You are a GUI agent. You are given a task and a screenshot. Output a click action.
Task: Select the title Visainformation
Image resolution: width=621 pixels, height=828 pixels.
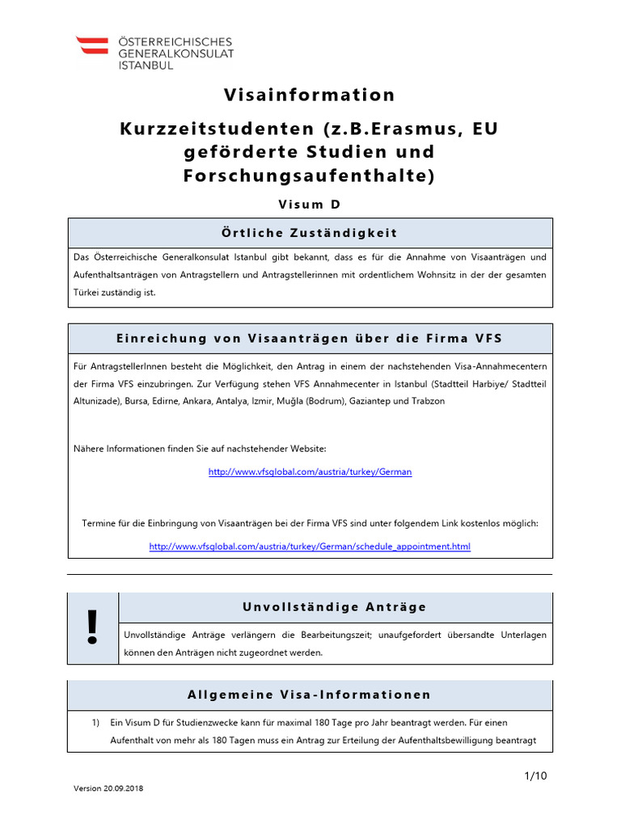(310, 95)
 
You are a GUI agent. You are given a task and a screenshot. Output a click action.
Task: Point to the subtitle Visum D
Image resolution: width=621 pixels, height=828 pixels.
(310, 205)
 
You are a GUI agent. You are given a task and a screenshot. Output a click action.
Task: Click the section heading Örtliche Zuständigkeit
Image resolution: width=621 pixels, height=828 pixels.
(310, 233)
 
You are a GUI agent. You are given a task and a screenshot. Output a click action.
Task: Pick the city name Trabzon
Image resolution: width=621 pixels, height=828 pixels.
(427, 401)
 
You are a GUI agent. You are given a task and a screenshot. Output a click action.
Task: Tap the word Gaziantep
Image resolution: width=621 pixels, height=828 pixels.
(370, 401)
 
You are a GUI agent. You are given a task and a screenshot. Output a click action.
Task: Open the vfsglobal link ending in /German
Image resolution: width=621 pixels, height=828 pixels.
(310, 471)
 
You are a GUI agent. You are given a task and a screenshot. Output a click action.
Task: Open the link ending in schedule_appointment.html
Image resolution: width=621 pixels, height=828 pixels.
(310, 547)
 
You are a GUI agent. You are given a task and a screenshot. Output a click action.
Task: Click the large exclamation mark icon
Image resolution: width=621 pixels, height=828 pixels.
(93, 628)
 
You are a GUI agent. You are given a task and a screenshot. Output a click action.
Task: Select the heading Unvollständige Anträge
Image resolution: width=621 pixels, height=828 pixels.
(335, 606)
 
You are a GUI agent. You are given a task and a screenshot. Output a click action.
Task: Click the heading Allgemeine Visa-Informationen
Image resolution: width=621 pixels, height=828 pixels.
(310, 695)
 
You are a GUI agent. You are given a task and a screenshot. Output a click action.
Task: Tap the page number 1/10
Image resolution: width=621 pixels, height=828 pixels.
(536, 776)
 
